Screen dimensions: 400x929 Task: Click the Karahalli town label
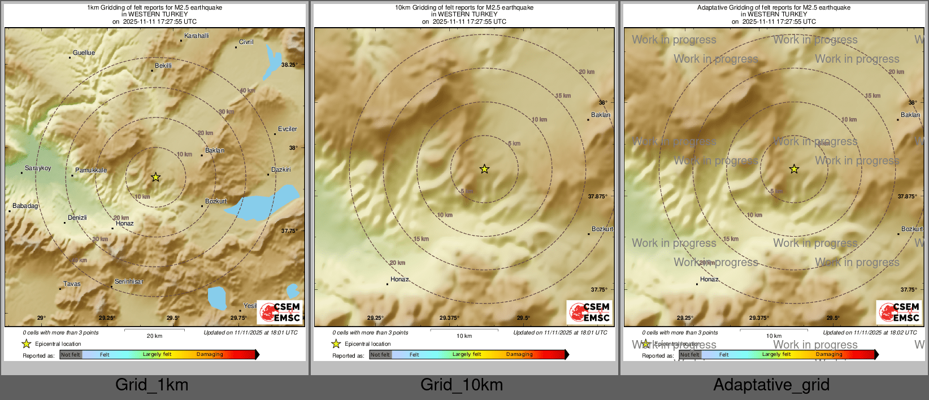point(196,36)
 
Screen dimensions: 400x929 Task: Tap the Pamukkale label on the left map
point(91,170)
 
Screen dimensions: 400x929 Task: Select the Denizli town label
point(77,218)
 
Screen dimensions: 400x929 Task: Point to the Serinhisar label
point(129,281)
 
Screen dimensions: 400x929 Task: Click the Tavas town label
point(72,284)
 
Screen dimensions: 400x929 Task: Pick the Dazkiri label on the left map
point(281,169)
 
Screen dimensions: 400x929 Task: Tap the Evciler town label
point(287,129)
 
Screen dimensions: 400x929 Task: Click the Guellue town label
point(84,53)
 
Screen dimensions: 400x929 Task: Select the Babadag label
point(25,206)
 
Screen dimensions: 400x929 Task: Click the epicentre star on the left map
point(155,177)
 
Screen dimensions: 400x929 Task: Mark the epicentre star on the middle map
point(484,169)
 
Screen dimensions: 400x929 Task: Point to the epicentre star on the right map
point(794,169)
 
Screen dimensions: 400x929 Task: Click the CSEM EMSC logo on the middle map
point(589,312)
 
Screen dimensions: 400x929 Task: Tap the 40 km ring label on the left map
point(247,90)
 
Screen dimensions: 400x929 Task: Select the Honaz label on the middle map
point(400,279)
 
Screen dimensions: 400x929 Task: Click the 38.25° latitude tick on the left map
point(289,65)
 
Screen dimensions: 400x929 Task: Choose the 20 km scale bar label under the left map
point(154,336)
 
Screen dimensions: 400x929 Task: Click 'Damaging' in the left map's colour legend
point(210,355)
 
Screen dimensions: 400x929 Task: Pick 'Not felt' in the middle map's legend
point(380,355)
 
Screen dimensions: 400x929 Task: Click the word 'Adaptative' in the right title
point(713,8)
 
